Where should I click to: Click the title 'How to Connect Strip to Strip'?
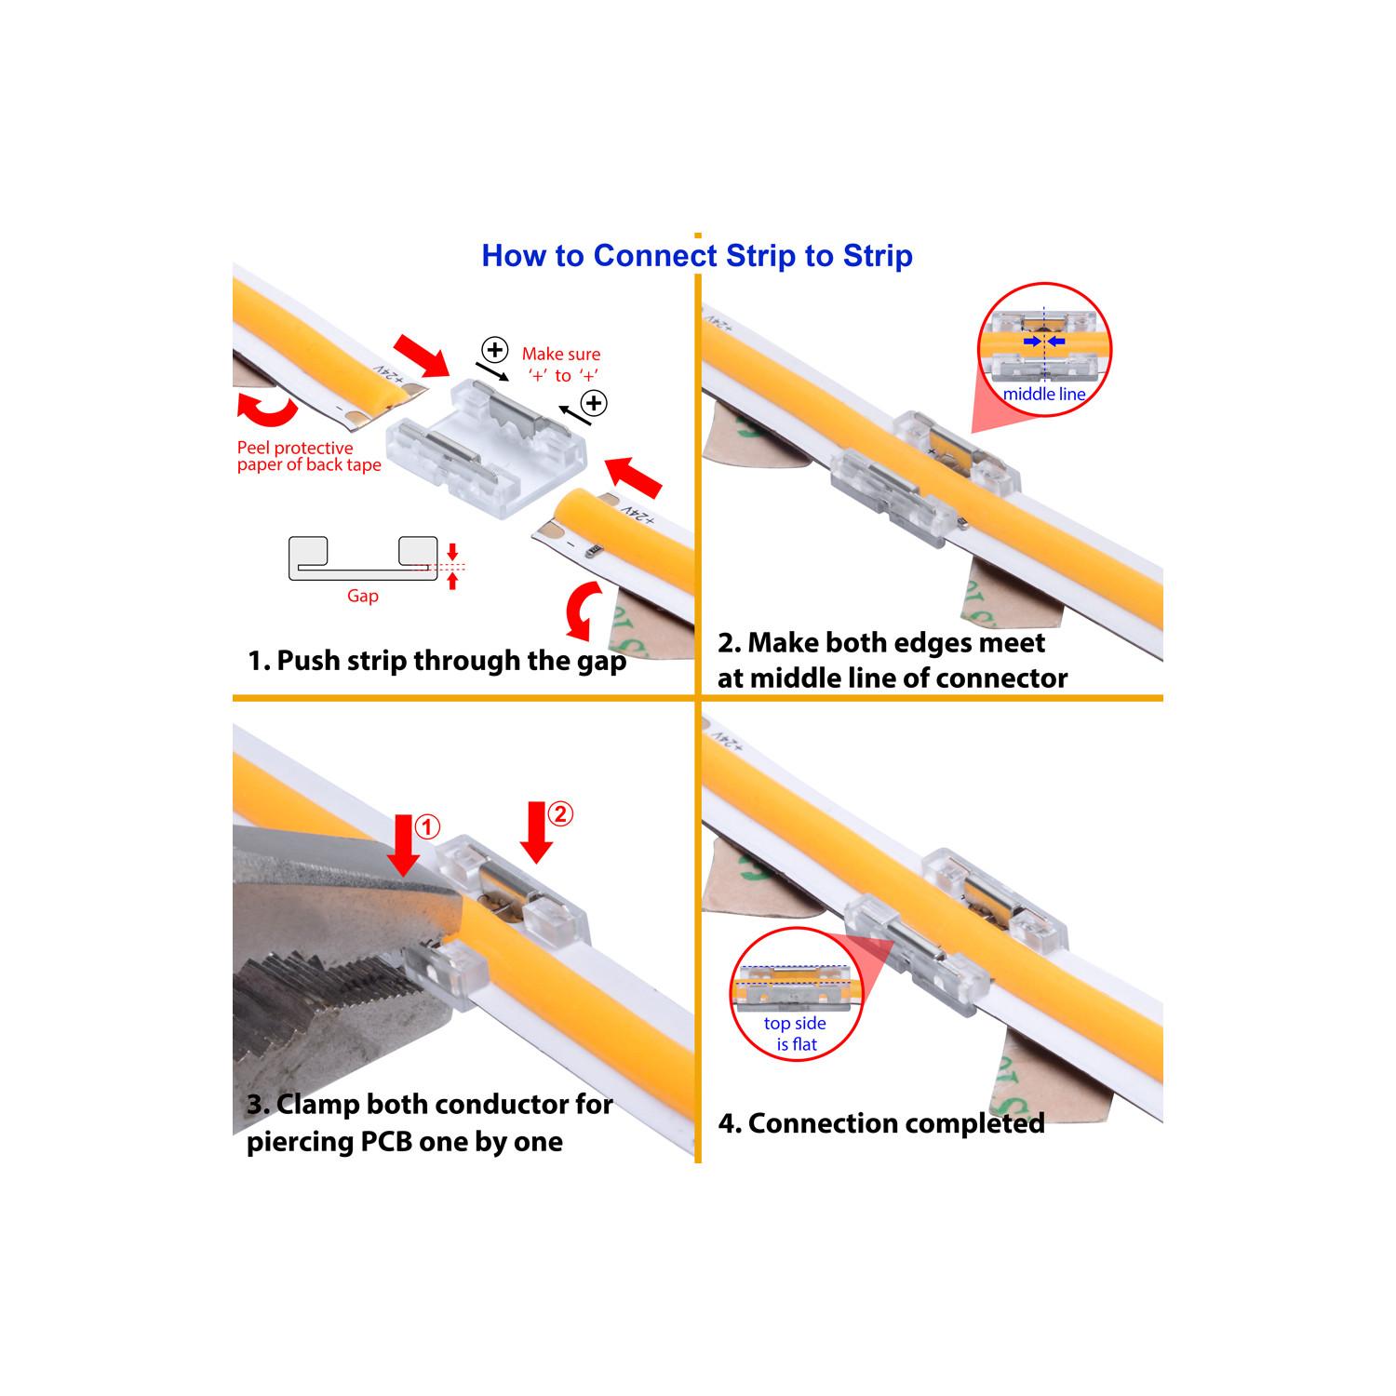point(697,256)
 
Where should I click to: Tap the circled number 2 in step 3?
point(560,814)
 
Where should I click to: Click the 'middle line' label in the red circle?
point(1044,395)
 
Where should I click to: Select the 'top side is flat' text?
point(796,1034)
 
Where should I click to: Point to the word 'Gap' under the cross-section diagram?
point(362,596)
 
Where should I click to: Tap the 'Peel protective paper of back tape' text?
point(309,456)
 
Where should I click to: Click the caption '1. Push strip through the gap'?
point(436,661)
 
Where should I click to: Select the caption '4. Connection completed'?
point(881,1123)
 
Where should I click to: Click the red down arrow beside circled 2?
point(537,832)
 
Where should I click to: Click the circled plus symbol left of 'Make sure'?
point(495,351)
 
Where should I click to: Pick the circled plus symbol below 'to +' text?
point(594,403)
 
